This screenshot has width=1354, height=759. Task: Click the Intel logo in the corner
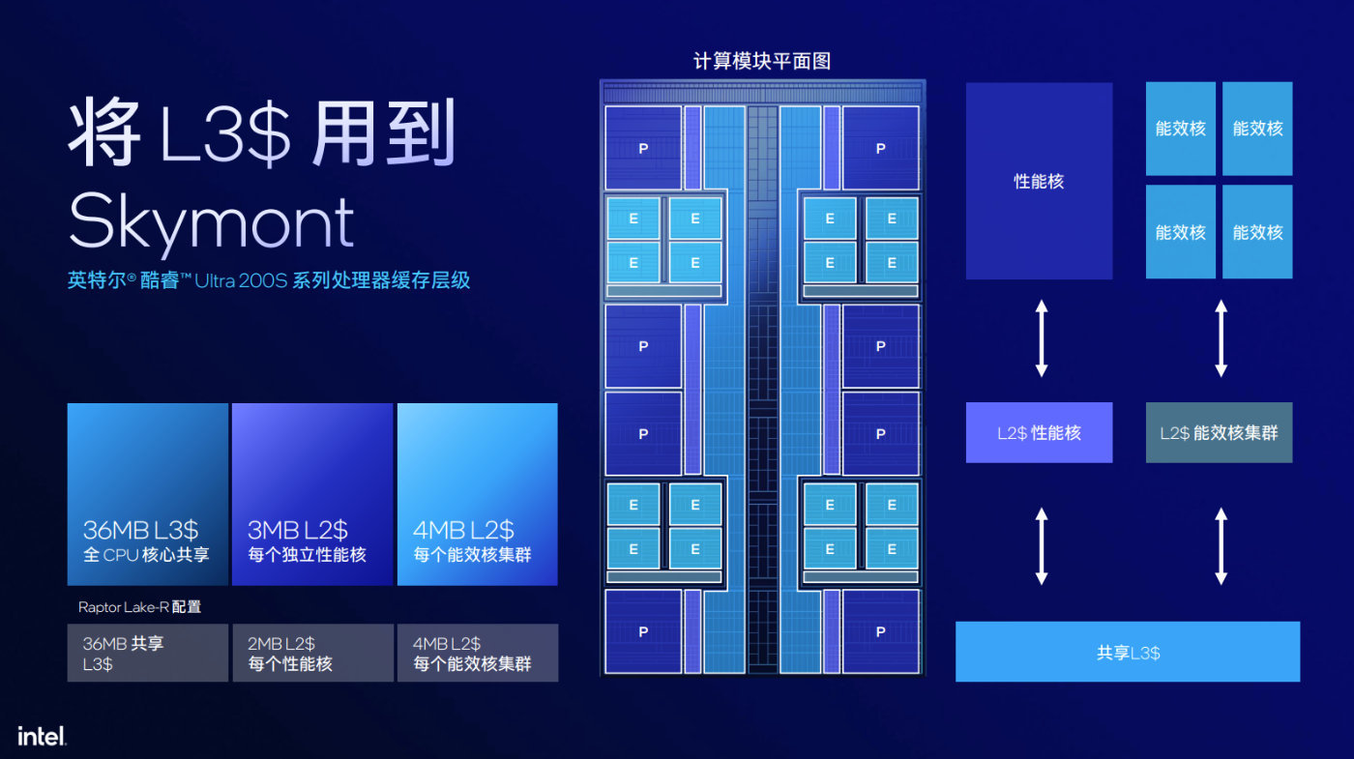(42, 736)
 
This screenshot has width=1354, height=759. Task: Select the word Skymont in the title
(212, 222)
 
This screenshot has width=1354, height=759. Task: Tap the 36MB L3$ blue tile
(147, 494)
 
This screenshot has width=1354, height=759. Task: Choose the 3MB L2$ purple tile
(312, 494)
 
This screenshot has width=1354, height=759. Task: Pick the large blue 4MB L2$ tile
(477, 494)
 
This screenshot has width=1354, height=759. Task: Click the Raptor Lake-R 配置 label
(139, 607)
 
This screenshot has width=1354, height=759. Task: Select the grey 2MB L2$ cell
(312, 653)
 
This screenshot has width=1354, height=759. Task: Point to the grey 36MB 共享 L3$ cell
(147, 653)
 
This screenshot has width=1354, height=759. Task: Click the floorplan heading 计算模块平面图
(762, 61)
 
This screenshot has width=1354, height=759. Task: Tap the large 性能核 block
(1039, 181)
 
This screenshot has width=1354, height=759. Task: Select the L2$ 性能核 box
(1039, 433)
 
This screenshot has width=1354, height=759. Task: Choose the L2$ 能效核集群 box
(1219, 433)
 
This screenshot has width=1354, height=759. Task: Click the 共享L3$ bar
(1128, 652)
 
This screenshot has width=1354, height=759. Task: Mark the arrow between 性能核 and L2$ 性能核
(1042, 338)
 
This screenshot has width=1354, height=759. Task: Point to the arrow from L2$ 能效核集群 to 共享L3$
(1221, 546)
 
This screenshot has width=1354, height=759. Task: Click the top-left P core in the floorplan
(643, 148)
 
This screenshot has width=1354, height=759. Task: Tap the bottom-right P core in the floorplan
(880, 631)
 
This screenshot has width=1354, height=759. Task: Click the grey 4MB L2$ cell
(477, 653)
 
